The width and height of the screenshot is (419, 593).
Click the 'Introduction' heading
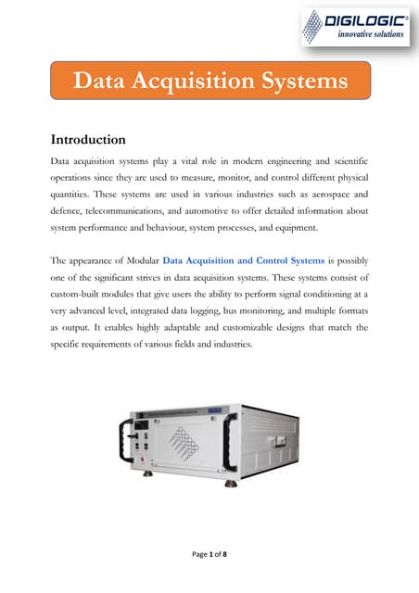pyautogui.click(x=88, y=141)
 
